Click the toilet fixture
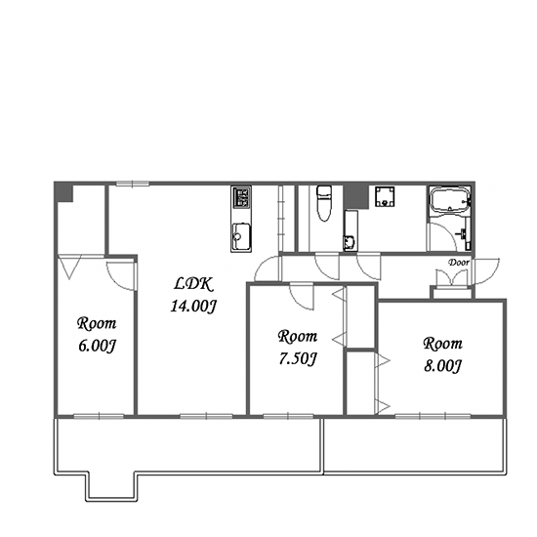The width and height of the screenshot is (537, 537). click(x=323, y=203)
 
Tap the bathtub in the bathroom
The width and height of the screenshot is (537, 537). click(x=450, y=199)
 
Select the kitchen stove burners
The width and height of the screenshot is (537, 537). click(x=241, y=197)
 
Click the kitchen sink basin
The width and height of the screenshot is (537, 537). click(x=241, y=236)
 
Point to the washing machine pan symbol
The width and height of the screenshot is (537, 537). click(x=385, y=196)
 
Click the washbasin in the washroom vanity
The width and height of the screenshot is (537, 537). click(x=349, y=242)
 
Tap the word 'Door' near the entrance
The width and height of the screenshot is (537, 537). click(x=459, y=263)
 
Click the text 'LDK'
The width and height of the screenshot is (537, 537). click(x=193, y=284)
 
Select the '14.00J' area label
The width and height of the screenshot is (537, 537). click(x=193, y=306)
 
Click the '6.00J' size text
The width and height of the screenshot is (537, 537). click(x=98, y=346)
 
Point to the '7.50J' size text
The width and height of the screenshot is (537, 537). click(x=298, y=359)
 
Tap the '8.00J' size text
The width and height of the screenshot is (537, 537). click(x=442, y=366)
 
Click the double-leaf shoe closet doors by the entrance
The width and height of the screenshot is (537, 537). click(x=452, y=277)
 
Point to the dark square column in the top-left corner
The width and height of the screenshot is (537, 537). click(x=64, y=192)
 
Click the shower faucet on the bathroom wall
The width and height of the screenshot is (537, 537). click(x=463, y=234)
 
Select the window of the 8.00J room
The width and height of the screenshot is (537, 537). click(x=433, y=417)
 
